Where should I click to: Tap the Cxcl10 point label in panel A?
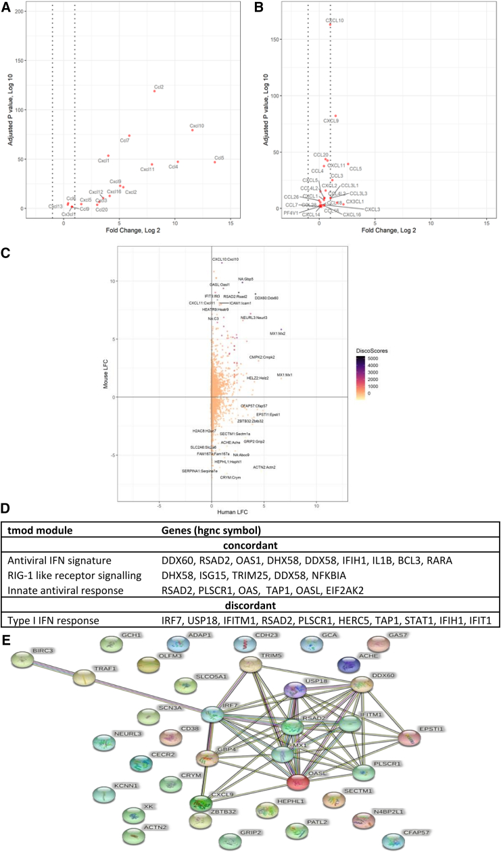click(197, 126)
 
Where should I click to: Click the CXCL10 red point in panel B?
click(331, 25)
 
